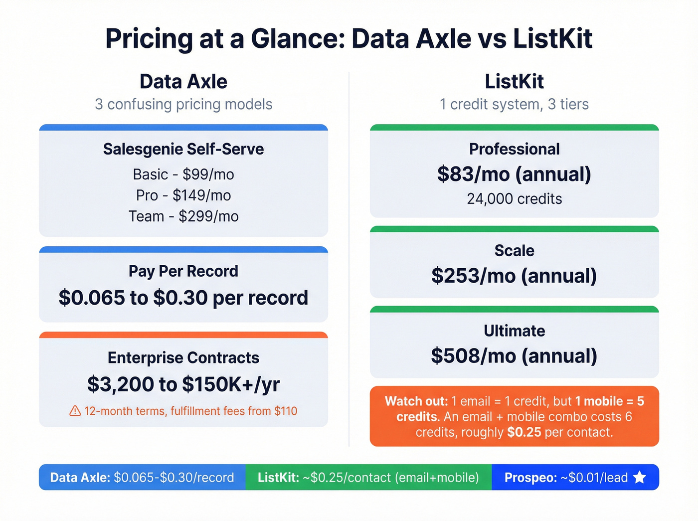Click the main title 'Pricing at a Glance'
349,39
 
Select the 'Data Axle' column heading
183,81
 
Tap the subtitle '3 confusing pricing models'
183,104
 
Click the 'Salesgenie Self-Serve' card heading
183,149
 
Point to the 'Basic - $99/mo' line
183,174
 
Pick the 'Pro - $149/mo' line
183,195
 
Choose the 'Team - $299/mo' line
183,216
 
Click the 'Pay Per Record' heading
183,271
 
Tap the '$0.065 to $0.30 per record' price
183,298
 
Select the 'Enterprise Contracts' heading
183,357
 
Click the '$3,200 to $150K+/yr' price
183,384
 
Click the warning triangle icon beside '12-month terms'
75,411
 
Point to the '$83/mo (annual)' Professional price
514,174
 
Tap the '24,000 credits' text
514,199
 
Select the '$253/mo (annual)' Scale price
514,276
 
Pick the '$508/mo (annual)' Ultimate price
514,356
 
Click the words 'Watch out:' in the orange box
416,401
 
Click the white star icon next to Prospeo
640,478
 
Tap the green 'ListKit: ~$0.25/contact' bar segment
368,478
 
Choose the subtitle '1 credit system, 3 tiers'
514,104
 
